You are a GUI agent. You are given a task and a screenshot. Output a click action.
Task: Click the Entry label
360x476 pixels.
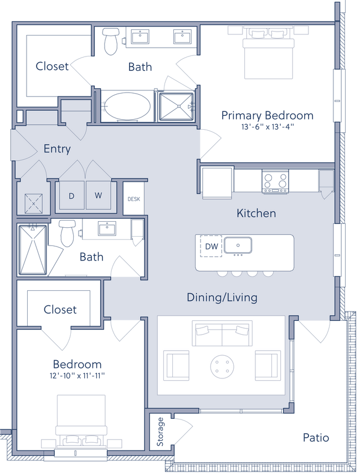57,149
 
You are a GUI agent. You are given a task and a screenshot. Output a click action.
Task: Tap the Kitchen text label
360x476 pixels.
256,213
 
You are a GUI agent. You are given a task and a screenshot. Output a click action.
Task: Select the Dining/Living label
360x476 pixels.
222,298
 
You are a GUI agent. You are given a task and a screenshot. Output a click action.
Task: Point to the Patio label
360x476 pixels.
316,438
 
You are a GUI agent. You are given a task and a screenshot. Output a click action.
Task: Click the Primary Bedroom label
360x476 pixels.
267,115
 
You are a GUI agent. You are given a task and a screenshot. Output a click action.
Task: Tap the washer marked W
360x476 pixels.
99,195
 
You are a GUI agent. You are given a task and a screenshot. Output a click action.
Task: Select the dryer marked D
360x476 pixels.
71,195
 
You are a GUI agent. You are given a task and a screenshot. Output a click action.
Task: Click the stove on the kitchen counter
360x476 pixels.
275,181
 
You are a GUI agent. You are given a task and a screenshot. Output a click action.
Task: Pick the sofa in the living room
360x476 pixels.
222,334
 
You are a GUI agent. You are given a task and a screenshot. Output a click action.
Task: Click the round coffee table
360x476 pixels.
222,366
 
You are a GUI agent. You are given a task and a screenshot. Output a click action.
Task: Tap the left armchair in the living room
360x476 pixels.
177,364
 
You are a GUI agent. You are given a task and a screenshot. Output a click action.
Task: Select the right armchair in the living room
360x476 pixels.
268,364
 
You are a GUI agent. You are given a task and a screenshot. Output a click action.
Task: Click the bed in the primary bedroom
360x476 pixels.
268,54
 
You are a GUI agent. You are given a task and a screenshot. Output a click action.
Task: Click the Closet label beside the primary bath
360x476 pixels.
53,67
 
